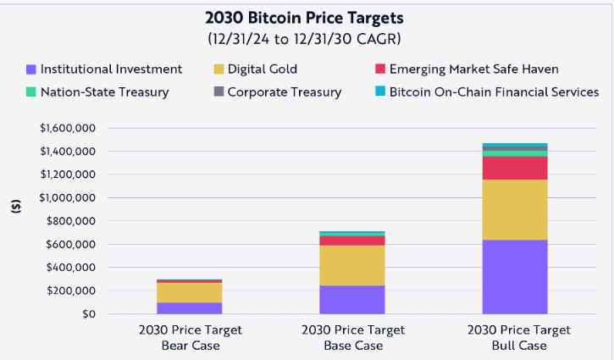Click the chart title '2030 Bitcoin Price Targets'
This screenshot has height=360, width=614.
307,19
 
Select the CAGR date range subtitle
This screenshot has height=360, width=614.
307,39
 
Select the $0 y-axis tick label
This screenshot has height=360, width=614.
88,314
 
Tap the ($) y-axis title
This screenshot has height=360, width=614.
17,206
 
